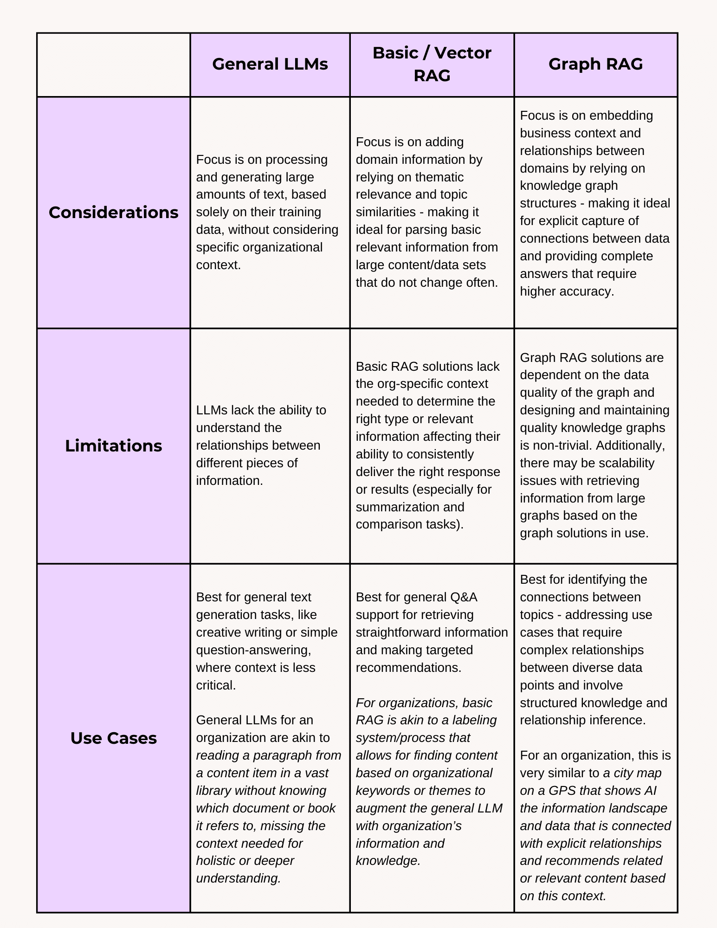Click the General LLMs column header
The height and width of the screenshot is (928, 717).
coord(270,64)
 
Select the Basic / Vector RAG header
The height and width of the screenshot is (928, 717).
coord(432,64)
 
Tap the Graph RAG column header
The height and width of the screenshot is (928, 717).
coord(595,64)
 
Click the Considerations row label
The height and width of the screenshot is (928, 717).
coord(113,213)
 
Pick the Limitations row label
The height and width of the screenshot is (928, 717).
coord(113,446)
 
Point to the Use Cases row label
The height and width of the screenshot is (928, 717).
coord(113,738)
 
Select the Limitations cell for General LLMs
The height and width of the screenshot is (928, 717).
coord(270,445)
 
